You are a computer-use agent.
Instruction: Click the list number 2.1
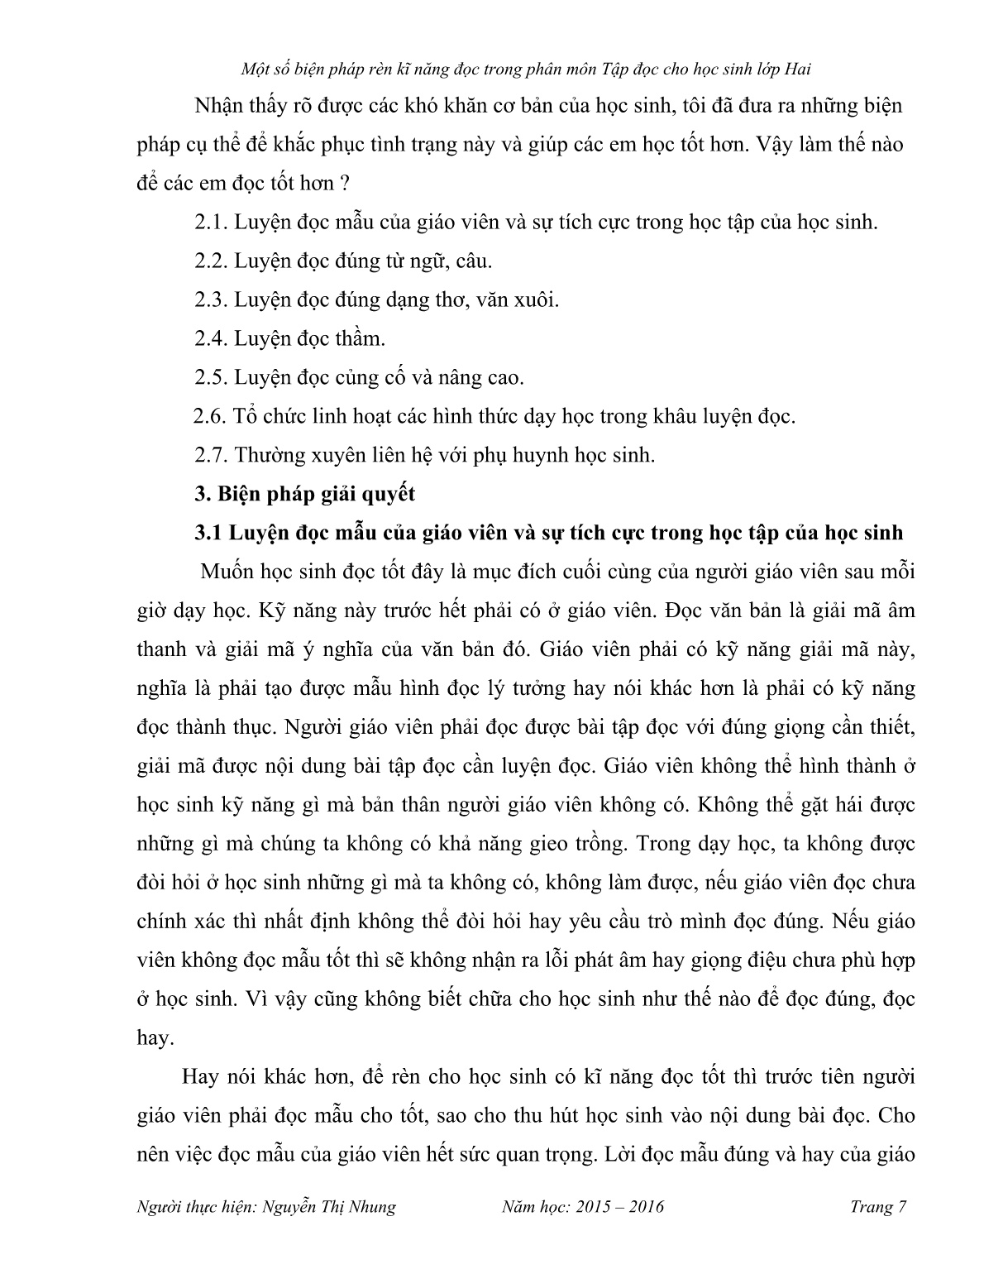point(211,223)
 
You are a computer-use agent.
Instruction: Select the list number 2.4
point(211,339)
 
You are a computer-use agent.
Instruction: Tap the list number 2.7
point(211,455)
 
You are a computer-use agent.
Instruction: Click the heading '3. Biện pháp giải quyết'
point(304,494)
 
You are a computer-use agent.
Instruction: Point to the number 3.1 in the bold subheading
point(208,533)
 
